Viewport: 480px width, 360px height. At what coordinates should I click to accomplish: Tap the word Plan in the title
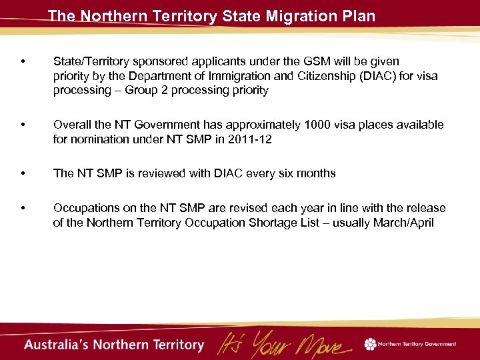click(359, 15)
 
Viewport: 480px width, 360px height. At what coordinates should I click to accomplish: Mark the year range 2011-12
click(251, 139)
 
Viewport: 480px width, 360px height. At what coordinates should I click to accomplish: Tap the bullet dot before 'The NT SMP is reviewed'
click(23, 174)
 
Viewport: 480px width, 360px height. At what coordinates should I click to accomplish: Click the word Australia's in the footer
click(59, 345)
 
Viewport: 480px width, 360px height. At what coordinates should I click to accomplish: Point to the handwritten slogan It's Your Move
click(283, 344)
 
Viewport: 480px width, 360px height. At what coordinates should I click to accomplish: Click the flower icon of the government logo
click(370, 344)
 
